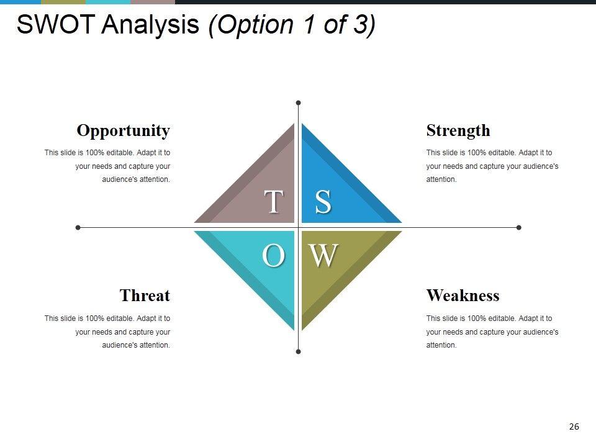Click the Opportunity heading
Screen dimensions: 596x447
pyautogui.click(x=123, y=131)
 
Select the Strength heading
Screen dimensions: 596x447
pyautogui.click(x=458, y=130)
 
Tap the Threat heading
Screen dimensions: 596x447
pyautogui.click(x=145, y=296)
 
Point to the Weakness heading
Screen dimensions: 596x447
pyautogui.click(x=463, y=296)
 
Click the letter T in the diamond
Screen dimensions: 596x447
pyautogui.click(x=274, y=201)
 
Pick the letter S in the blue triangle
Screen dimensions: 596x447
pyautogui.click(x=323, y=201)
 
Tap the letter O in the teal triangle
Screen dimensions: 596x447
pyautogui.click(x=274, y=255)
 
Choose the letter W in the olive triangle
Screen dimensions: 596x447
pyautogui.click(x=323, y=255)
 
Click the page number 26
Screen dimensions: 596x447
pyautogui.click(x=574, y=427)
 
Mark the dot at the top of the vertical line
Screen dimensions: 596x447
pyautogui.click(x=299, y=102)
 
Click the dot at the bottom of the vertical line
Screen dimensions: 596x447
pyautogui.click(x=299, y=351)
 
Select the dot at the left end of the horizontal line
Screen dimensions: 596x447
pyautogui.click(x=78, y=228)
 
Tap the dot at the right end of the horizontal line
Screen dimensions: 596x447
pyautogui.click(x=519, y=228)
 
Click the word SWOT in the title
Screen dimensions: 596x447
pyautogui.click(x=55, y=24)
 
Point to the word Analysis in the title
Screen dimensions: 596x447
pyautogui.click(x=150, y=25)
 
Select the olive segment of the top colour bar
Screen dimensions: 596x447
pyautogui.click(x=63, y=2)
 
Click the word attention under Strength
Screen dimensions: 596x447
pyautogui.click(x=441, y=179)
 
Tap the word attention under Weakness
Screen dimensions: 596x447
pyautogui.click(x=441, y=345)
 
